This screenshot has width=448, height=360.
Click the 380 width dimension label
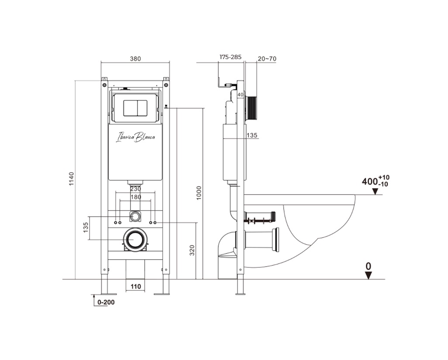point(135,59)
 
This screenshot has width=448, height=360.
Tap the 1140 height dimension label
point(72,179)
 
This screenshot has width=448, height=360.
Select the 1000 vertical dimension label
point(199,193)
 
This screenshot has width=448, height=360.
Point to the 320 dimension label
point(192,250)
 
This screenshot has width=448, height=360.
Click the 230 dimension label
point(136,189)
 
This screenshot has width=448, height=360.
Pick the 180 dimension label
point(136,197)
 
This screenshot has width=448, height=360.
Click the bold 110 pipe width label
point(136,286)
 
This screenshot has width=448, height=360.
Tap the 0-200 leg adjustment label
point(106,302)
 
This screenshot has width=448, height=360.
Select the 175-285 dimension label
point(230,57)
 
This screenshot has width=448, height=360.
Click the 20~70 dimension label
point(267,59)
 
